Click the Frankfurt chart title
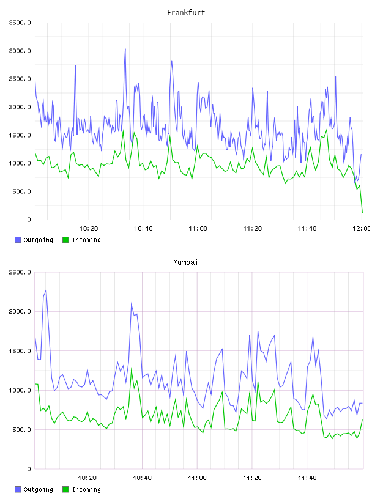pos(186,12)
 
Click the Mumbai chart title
pos(185,262)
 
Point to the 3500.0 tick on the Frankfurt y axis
pos(20,23)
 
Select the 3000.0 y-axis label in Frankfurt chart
pos(20,51)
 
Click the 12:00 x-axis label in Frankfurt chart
pos(361,229)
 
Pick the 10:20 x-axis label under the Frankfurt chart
pos(89,229)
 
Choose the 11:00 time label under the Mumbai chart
pos(197,478)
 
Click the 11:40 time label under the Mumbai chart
pos(307,478)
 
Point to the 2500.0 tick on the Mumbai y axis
pos(20,272)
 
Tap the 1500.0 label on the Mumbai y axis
pos(20,351)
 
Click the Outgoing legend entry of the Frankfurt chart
pos(34,240)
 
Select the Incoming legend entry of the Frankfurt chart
pos(81,240)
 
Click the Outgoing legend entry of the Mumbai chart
pos(34,489)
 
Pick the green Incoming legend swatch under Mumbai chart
pos(65,489)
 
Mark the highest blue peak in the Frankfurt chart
pos(125,49)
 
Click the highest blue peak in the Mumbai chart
pos(46,290)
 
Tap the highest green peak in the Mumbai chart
pos(131,369)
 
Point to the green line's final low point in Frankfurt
pos(362,213)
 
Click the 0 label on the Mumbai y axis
pos(29,469)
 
